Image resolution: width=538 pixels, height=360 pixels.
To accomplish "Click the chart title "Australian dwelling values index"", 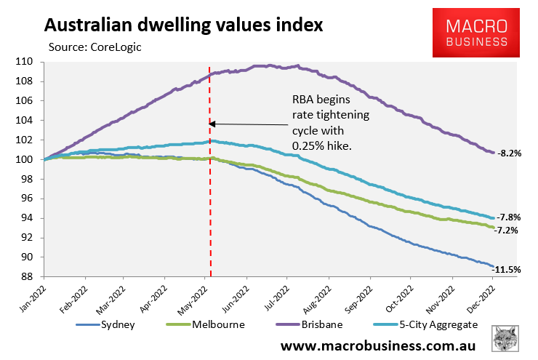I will pyautogui.click(x=183, y=25).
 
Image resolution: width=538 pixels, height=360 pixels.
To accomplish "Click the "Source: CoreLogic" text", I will pyautogui.click(x=95, y=47).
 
